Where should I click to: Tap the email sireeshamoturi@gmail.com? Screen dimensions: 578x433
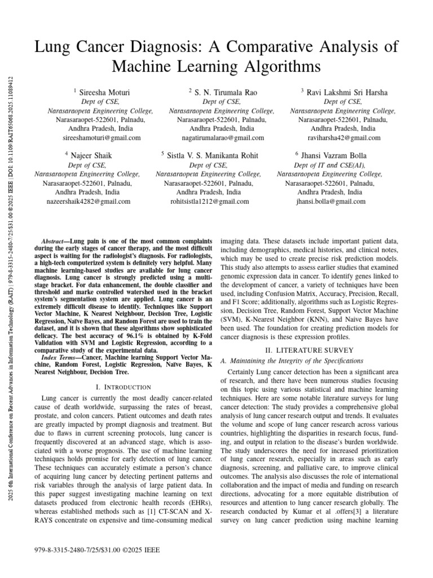[x=100, y=138]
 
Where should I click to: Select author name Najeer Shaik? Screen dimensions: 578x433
[x=90, y=155]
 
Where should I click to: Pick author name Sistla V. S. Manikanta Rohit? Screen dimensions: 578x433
[x=213, y=155]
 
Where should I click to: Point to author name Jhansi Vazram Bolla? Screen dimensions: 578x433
[x=333, y=155]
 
